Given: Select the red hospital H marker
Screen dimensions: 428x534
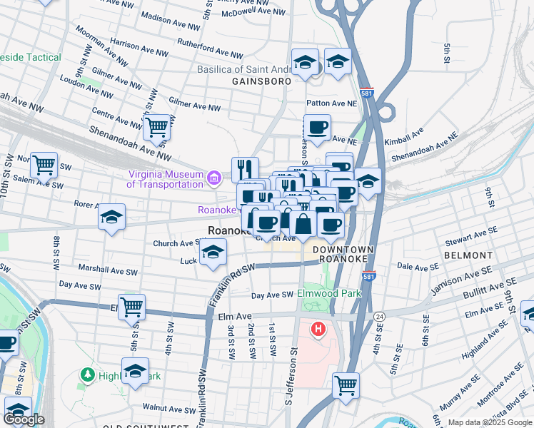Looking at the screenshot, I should [318, 330].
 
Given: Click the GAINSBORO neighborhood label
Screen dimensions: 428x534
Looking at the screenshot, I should [261, 82].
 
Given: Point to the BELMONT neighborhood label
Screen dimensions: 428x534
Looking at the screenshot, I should [468, 255].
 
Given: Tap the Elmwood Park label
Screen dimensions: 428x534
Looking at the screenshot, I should [331, 293].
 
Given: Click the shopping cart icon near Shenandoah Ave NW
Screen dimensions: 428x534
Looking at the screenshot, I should [156, 128].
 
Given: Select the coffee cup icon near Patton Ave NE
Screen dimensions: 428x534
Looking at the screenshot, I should [317, 128].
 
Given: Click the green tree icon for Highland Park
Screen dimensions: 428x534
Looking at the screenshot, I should [88, 374].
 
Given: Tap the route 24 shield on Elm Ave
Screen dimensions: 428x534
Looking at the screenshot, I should [380, 315].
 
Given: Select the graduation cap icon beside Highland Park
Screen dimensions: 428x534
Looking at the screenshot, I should [135, 370].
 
